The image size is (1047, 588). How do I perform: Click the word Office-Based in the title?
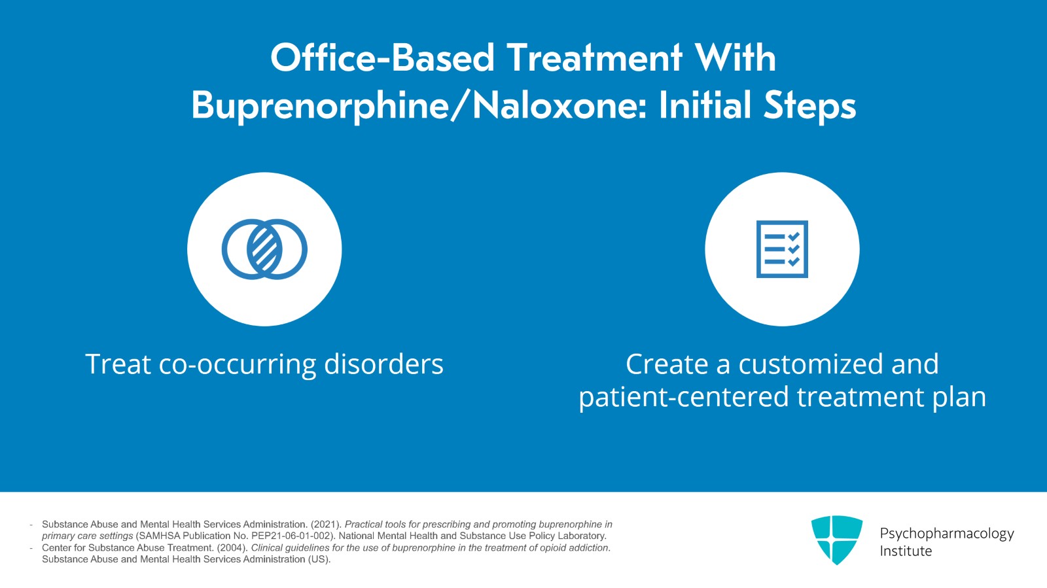click(x=382, y=58)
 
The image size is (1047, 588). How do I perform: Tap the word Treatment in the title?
click(x=595, y=58)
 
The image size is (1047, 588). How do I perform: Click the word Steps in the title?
click(x=809, y=106)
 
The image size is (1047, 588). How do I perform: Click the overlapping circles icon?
click(x=264, y=249)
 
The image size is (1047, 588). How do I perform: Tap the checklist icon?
click(x=782, y=249)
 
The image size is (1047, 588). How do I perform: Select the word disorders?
click(x=383, y=364)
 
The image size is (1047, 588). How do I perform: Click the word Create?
click(x=667, y=364)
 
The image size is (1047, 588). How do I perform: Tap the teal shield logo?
click(x=837, y=540)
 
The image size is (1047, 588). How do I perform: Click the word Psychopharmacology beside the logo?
click(x=947, y=534)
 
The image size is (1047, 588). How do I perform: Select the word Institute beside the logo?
click(x=906, y=551)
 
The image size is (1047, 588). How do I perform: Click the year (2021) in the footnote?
click(x=327, y=525)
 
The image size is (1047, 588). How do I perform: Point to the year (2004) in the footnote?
click(x=232, y=548)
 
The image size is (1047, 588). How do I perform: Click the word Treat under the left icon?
click(x=118, y=364)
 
